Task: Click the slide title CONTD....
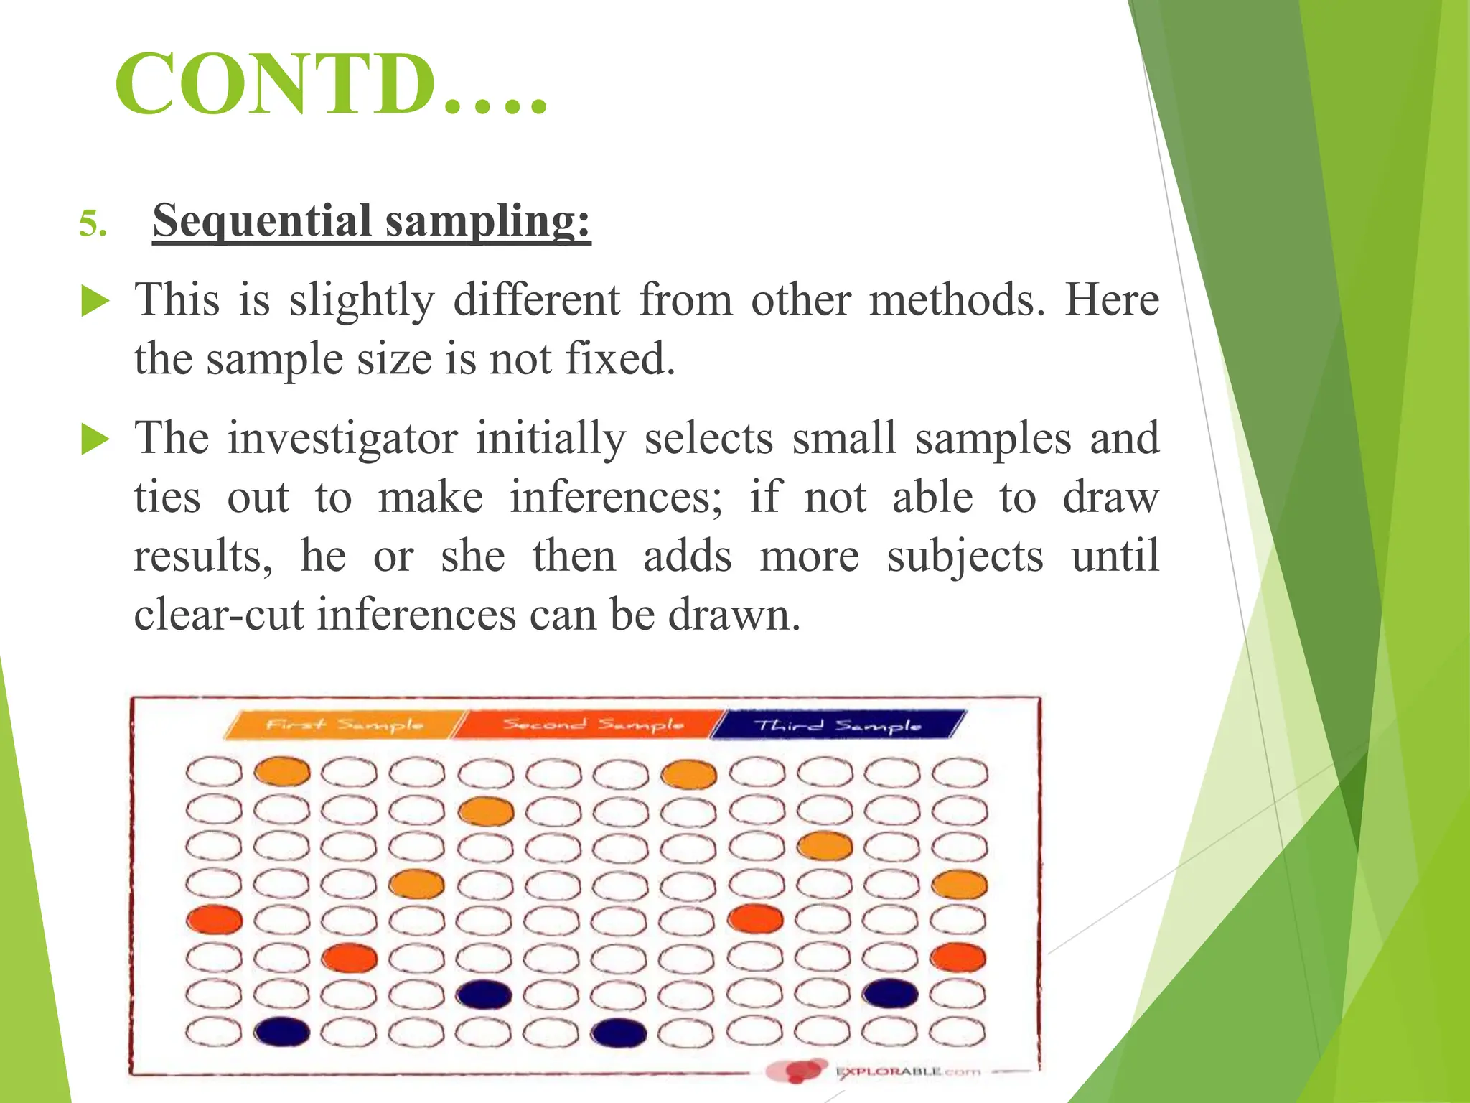(330, 85)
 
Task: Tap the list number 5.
(93, 224)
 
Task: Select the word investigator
(342, 438)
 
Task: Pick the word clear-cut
(217, 615)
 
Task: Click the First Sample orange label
(344, 724)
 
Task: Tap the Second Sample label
(592, 724)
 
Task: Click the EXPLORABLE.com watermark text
(907, 1072)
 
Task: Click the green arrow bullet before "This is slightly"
(95, 301)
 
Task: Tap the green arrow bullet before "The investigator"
(95, 439)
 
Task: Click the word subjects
(965, 557)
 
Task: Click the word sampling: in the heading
(487, 220)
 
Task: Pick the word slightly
(362, 299)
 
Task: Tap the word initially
(551, 438)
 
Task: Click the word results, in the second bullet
(203, 557)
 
